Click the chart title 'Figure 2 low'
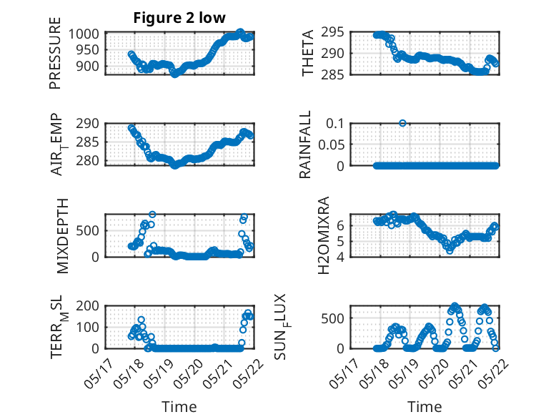tap(179, 18)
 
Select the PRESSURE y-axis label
tap(55, 53)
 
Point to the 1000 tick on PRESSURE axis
tap(84, 34)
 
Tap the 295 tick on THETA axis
tap(332, 32)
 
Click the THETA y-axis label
tap(308, 53)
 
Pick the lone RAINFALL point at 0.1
tap(402, 123)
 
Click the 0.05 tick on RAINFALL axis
tap(331, 144)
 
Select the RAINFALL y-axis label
tap(305, 144)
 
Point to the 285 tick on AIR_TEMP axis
tap(88, 142)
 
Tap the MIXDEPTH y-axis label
tap(62, 236)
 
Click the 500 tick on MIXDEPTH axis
tap(88, 231)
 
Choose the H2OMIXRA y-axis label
tap(324, 235)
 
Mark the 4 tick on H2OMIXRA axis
tap(340, 257)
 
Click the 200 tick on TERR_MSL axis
tap(88, 306)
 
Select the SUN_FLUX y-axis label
tap(280, 327)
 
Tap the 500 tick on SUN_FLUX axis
tap(332, 318)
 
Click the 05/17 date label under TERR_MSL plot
tap(99, 373)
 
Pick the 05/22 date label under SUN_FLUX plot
tap(494, 373)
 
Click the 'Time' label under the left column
tap(179, 406)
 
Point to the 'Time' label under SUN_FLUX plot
tap(425, 406)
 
